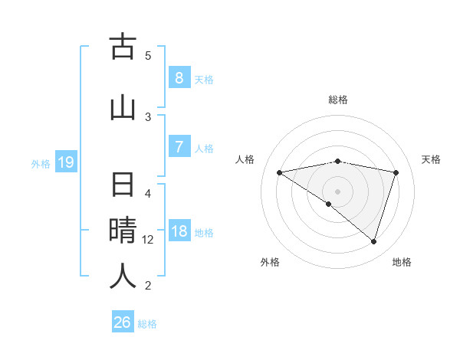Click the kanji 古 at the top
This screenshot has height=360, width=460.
(x=123, y=47)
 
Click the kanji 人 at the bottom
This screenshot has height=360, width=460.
(x=123, y=276)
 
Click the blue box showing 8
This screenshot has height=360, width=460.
(x=179, y=78)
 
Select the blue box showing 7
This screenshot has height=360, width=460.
(x=179, y=146)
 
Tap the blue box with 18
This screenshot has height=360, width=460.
(x=179, y=231)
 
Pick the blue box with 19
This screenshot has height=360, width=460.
(x=66, y=162)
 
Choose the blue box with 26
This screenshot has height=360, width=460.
(x=123, y=322)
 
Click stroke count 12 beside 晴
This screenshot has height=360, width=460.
(x=148, y=240)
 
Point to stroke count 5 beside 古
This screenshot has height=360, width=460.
(x=148, y=55)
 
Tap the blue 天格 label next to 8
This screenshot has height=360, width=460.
(x=204, y=79)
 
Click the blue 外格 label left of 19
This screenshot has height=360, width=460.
(x=41, y=163)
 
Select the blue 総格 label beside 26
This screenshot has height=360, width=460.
(x=147, y=323)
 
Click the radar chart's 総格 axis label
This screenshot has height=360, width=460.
(x=338, y=100)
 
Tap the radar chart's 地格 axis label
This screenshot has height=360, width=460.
(x=402, y=263)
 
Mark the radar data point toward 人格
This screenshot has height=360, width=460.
(x=280, y=172)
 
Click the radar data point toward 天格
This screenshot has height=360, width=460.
(x=396, y=172)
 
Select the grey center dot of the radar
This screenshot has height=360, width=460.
(x=337, y=191)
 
